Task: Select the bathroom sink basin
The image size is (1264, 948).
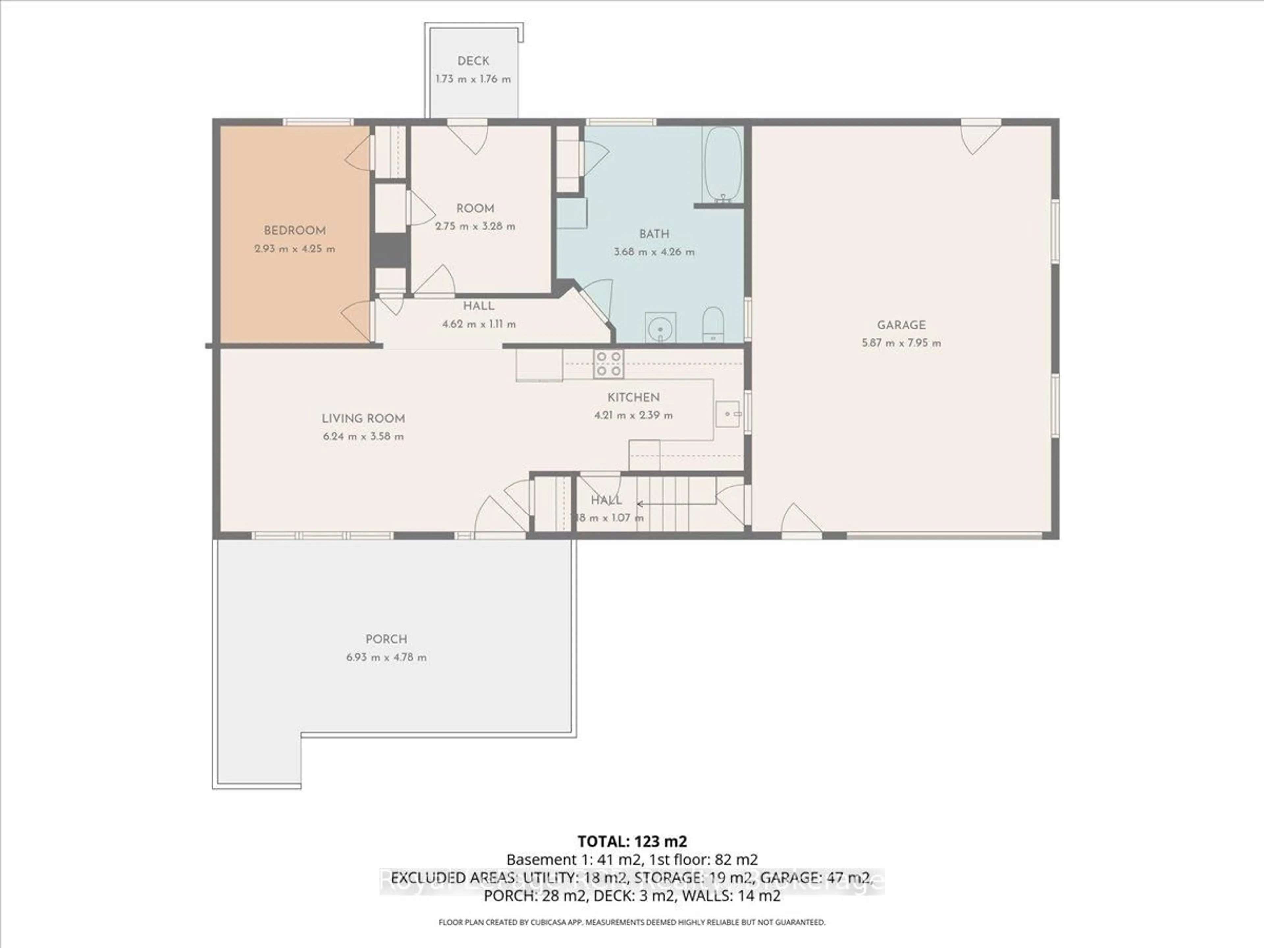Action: [661, 328]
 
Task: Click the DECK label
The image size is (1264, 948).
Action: [473, 61]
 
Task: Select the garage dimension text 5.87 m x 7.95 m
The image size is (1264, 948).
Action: [901, 343]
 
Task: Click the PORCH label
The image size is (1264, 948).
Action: [386, 639]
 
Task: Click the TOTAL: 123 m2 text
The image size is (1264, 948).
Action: [632, 841]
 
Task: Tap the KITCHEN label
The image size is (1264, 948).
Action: [633, 397]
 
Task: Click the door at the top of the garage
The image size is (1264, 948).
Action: [981, 137]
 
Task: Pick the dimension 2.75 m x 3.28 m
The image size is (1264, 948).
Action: [475, 226]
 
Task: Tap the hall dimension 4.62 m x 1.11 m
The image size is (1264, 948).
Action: [479, 324]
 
